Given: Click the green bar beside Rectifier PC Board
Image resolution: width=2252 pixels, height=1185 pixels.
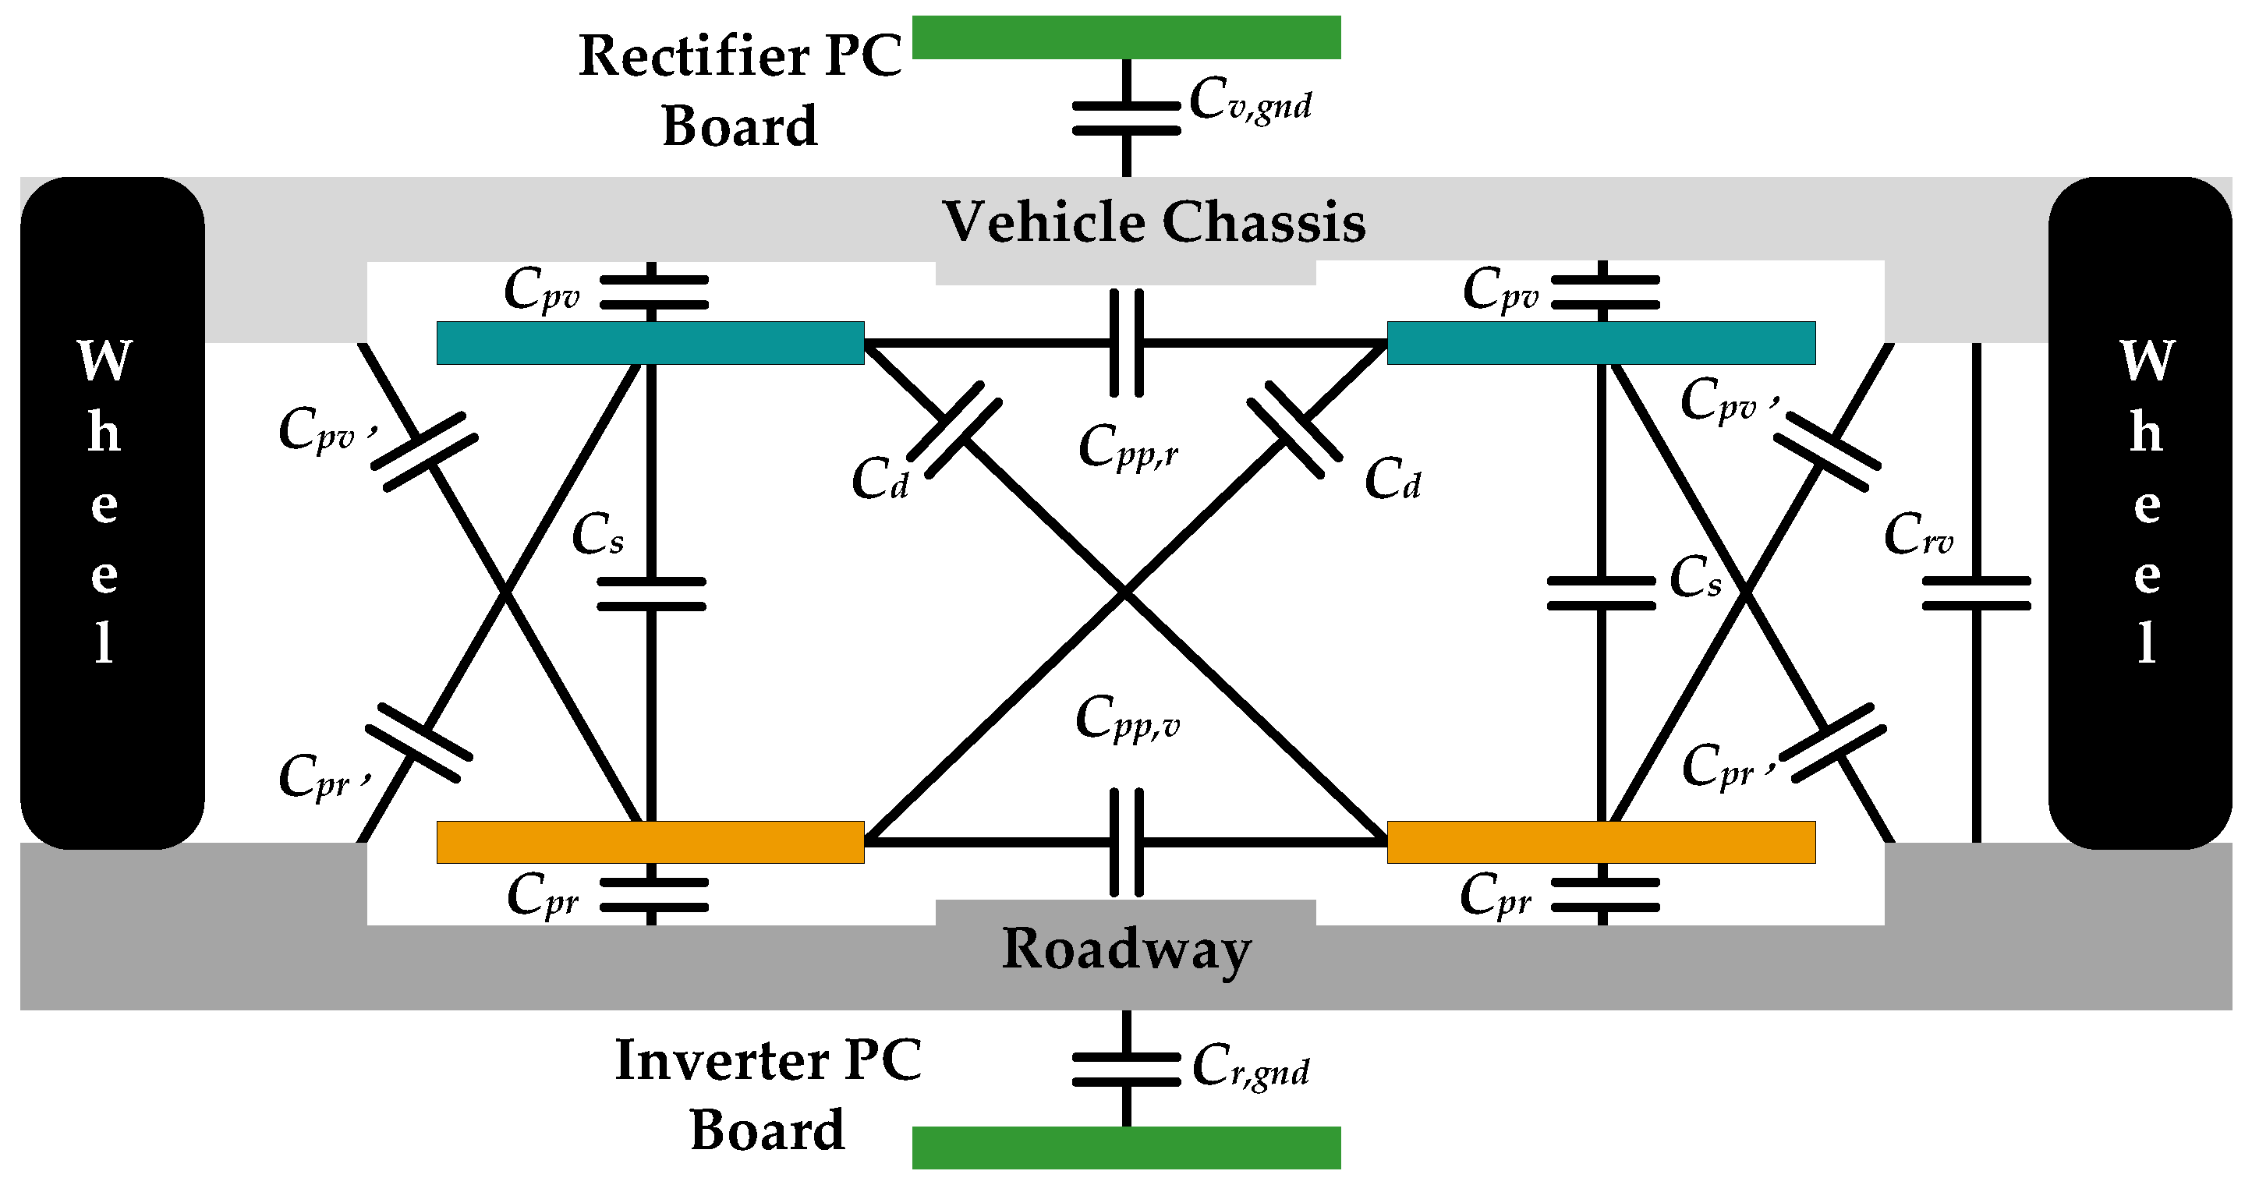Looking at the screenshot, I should pos(1126,37).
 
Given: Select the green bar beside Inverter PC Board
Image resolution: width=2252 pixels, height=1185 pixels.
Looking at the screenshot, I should pos(1126,1148).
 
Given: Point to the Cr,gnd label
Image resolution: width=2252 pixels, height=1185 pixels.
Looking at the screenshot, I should pos(1250,1068).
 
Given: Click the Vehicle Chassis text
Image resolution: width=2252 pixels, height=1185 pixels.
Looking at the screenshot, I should pos(1154,222).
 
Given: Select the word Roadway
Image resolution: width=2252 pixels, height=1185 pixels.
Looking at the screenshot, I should pos(1126,950).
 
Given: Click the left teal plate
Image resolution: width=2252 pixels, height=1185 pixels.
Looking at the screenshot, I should pos(650,342).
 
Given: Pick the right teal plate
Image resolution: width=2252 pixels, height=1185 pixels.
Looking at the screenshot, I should pos(1601,342).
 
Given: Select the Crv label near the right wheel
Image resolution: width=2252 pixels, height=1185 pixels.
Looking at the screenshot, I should pos(1918,535).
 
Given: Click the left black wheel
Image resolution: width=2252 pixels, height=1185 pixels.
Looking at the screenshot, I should pos(112,513).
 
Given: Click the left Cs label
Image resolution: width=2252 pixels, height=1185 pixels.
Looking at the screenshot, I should pos(598,535).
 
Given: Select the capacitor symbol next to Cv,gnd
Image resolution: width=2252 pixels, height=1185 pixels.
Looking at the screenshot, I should pos(1126,118).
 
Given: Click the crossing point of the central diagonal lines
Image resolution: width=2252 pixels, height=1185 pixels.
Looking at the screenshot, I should pos(1126,594).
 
